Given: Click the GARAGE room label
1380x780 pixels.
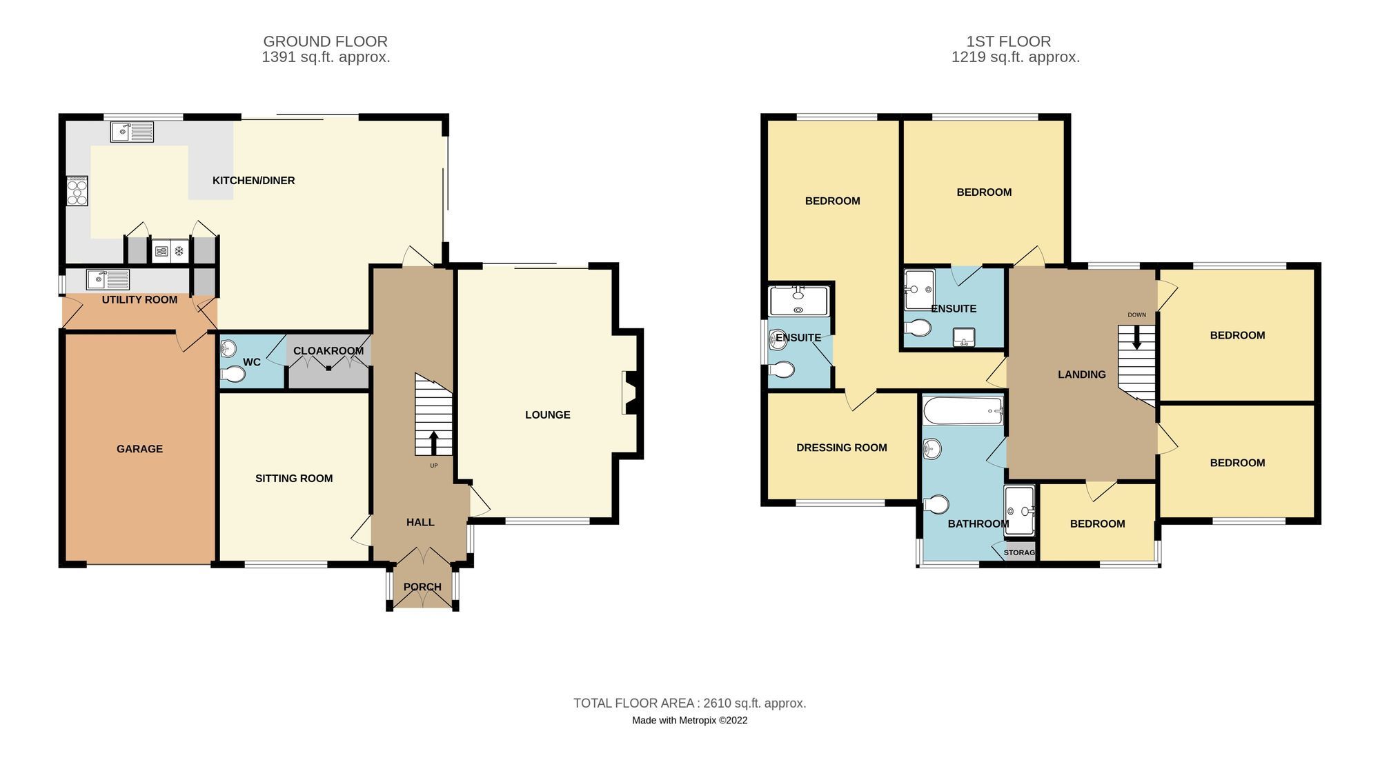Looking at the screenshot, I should (x=139, y=449).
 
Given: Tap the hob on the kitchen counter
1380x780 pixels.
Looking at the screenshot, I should (x=77, y=191).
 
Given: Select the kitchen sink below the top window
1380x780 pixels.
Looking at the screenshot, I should (x=132, y=131).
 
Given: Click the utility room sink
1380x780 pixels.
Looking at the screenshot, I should (x=108, y=279).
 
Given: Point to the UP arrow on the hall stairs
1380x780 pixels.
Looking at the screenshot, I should (x=433, y=443).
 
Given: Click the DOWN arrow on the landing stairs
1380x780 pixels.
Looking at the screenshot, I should (x=1136, y=338).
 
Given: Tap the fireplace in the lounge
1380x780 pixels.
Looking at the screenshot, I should (x=630, y=393).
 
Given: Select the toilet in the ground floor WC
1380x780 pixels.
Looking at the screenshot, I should (x=233, y=374).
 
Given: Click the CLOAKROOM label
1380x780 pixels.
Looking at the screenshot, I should (x=328, y=350).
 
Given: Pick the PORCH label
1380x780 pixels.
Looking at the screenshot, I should (x=422, y=587).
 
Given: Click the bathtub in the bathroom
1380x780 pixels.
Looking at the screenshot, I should (x=963, y=411).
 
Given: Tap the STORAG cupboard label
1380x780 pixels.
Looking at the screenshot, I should (x=1019, y=552).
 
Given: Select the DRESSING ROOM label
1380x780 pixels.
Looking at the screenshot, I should (x=841, y=448).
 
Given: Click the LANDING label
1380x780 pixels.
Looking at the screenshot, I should (x=1081, y=374).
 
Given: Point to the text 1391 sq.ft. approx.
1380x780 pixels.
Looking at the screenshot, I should (x=326, y=57).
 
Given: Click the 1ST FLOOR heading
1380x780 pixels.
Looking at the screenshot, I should (x=1008, y=41).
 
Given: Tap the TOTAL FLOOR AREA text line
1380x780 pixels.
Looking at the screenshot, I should (x=689, y=703).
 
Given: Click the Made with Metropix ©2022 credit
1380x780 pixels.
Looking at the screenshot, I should (x=689, y=720).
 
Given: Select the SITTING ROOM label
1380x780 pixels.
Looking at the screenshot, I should (x=294, y=478).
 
